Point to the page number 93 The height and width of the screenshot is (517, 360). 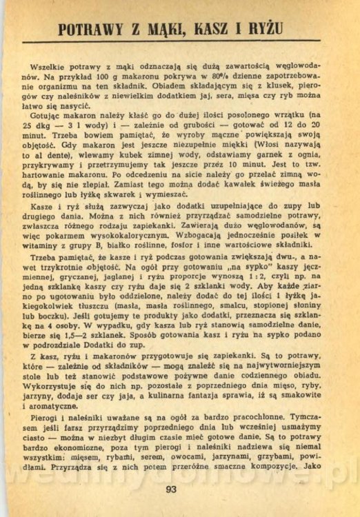pos(172,490)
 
